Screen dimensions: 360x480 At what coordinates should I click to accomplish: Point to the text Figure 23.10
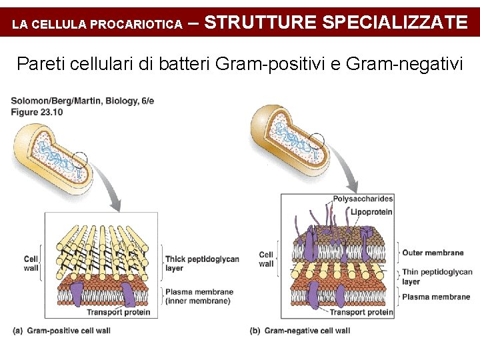[37, 113]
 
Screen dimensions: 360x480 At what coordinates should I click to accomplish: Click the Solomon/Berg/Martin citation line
[83, 101]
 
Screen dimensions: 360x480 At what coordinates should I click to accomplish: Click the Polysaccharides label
[363, 199]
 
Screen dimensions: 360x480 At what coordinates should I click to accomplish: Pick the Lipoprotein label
[371, 212]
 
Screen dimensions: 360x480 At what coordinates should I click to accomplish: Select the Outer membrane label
[433, 253]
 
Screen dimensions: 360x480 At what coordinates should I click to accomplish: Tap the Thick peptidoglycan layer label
[201, 263]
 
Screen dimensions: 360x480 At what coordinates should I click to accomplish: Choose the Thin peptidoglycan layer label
[437, 277]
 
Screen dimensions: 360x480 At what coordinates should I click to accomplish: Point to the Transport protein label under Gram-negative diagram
[361, 312]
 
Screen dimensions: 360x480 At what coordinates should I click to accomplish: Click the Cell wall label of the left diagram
[31, 263]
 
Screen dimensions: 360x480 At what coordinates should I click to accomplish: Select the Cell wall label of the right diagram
[266, 259]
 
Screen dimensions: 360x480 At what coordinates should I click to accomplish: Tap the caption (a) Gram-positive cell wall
[61, 331]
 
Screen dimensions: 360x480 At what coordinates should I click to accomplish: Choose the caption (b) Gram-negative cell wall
[299, 331]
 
